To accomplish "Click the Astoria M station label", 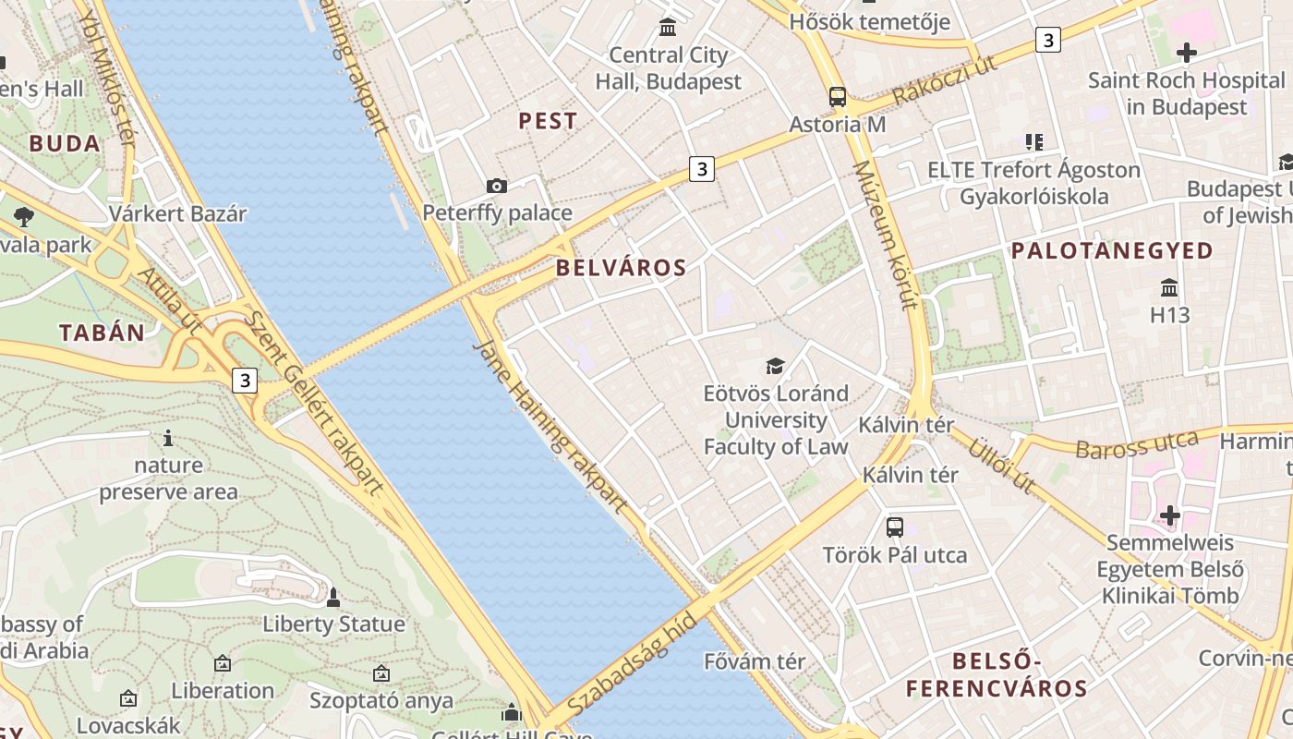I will [x=837, y=124].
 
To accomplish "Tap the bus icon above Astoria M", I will [x=838, y=96].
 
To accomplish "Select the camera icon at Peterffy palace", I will [x=497, y=187].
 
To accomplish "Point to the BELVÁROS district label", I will [x=621, y=269].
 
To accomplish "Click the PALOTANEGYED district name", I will [x=1112, y=250].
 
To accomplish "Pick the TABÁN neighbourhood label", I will [x=102, y=333].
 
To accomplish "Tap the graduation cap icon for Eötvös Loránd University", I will [x=775, y=367].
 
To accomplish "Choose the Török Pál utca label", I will [x=895, y=555].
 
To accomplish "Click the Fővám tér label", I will [x=755, y=661].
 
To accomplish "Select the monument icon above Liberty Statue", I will [x=333, y=598].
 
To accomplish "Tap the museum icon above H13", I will [x=1169, y=287].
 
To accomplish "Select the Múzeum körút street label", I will [x=884, y=235].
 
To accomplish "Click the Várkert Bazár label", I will [x=177, y=214].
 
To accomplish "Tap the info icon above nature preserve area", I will [x=168, y=438].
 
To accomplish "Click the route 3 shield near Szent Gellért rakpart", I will [x=244, y=380].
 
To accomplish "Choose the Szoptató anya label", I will [x=381, y=700].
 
